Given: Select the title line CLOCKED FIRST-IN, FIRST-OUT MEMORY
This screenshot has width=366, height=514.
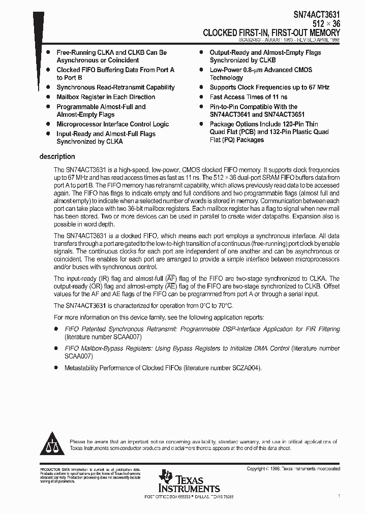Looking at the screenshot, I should click(271, 33).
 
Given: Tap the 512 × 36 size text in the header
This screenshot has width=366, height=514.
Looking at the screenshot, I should click(326, 24).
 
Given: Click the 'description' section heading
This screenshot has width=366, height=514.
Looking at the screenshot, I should click(57, 156).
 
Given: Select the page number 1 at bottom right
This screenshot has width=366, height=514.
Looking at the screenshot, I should click(339, 495).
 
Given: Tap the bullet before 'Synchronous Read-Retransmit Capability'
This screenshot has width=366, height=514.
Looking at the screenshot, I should click(48, 87).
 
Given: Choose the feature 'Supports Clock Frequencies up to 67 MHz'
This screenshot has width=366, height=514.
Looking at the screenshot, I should click(269, 87).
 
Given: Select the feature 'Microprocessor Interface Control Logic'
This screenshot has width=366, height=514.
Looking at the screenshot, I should click(112, 124).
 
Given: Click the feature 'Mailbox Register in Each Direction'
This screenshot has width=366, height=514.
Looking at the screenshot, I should click(106, 97).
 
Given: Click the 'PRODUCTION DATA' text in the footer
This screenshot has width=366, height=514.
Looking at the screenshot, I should click(54, 469).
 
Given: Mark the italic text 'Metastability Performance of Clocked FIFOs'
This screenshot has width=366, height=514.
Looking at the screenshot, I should click(123, 368).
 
